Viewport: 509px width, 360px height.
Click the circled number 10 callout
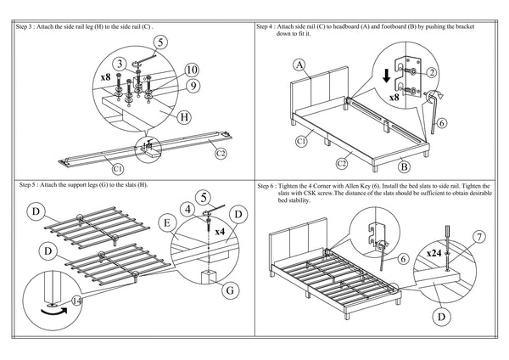(192, 70)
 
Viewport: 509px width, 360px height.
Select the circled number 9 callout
(193, 86)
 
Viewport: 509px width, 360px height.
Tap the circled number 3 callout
(120, 64)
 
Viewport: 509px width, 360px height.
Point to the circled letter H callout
(184, 117)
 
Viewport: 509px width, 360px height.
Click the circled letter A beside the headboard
(299, 65)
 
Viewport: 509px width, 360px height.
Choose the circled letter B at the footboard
(404, 167)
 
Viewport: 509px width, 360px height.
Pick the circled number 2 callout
(432, 73)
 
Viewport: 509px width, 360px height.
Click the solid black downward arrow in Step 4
(386, 76)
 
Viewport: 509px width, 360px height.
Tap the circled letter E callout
(167, 223)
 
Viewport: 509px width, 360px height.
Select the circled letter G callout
(230, 290)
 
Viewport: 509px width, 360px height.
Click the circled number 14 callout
(76, 301)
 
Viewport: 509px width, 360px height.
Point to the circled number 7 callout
(479, 237)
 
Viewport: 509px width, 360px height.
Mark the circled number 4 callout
(188, 210)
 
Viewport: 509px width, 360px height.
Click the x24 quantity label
(434, 253)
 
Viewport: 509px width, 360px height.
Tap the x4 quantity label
(220, 232)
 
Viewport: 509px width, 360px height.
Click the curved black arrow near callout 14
(54, 312)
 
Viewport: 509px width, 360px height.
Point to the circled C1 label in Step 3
(118, 169)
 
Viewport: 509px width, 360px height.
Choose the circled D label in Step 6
(441, 317)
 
